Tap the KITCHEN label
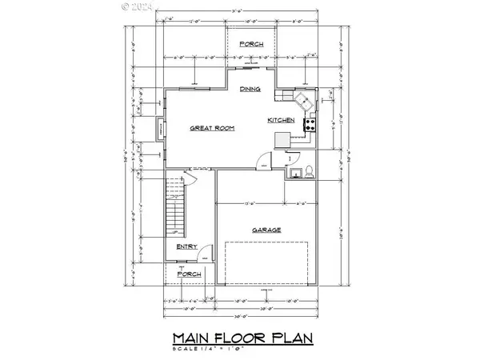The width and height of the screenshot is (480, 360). point(282,120)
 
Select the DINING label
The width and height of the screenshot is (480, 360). point(250,90)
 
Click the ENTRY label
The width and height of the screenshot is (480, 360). point(187,247)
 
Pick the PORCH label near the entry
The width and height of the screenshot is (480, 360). point(189,274)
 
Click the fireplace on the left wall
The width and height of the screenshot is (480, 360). point(160,130)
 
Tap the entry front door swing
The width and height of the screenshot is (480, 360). point(206,258)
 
